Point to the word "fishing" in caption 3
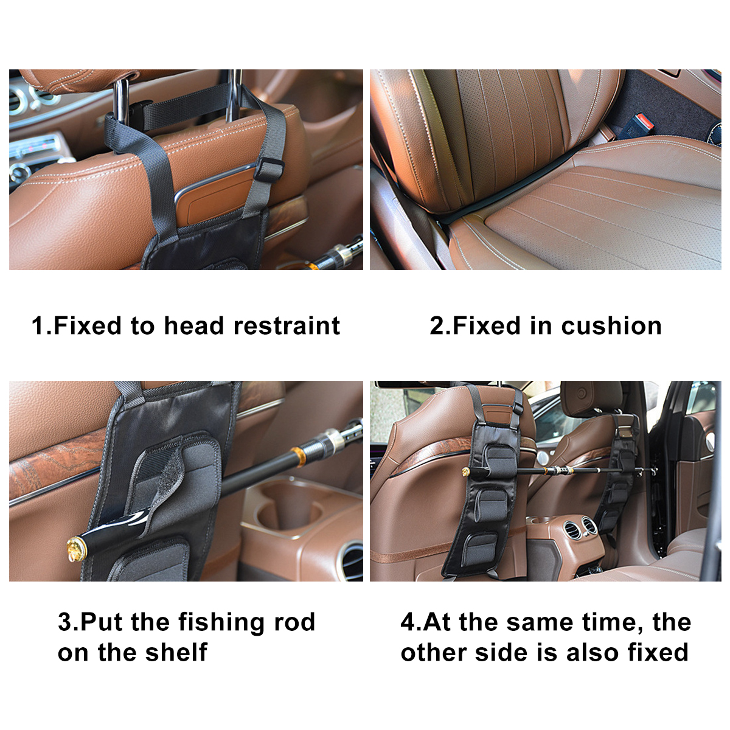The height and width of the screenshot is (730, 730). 221,622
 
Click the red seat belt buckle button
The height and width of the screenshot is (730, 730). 643,121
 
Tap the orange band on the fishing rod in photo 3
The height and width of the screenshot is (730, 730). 297,456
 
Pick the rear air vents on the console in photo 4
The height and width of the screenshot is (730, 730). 580,529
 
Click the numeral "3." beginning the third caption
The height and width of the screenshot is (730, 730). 68,622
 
